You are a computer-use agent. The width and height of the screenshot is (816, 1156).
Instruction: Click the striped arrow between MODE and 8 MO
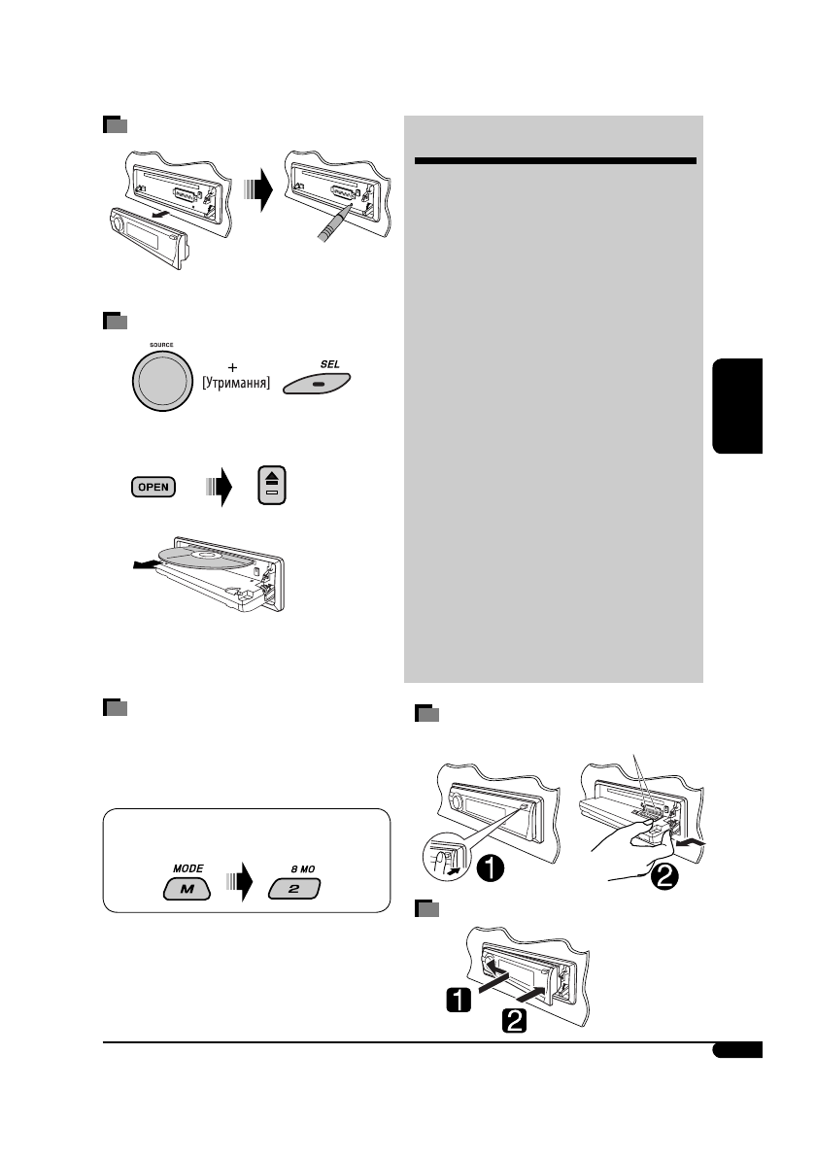[236, 886]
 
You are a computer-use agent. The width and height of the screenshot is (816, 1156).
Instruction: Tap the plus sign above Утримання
[231, 369]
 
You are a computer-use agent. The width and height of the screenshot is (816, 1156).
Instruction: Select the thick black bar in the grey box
[555, 160]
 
